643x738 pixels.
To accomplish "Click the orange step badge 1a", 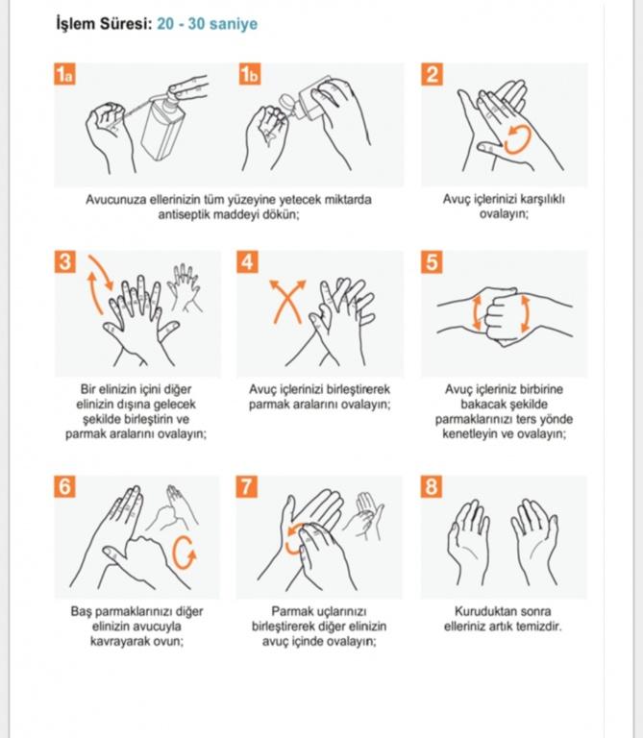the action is (65, 74).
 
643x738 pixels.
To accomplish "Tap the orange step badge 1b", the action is (250, 74).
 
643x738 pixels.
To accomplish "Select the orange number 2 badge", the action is (432, 74).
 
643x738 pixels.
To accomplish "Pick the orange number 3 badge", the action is (65, 262).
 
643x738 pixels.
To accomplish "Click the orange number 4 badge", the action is (248, 262).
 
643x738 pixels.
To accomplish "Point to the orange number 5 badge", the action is (432, 262).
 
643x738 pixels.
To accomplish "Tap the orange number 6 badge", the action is (65, 486).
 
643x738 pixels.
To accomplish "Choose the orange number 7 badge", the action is (247, 486).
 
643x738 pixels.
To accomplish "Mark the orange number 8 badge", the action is (432, 486).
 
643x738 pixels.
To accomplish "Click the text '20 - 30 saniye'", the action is (207, 24).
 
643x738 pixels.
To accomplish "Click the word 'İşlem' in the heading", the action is (75, 24).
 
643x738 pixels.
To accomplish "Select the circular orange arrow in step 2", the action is (517, 139).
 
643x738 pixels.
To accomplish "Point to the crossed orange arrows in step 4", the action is (287, 302).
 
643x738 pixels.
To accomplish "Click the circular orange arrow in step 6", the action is (184, 553).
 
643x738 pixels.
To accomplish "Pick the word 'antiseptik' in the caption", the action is (184, 214).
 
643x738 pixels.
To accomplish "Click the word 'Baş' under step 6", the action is (81, 612).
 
